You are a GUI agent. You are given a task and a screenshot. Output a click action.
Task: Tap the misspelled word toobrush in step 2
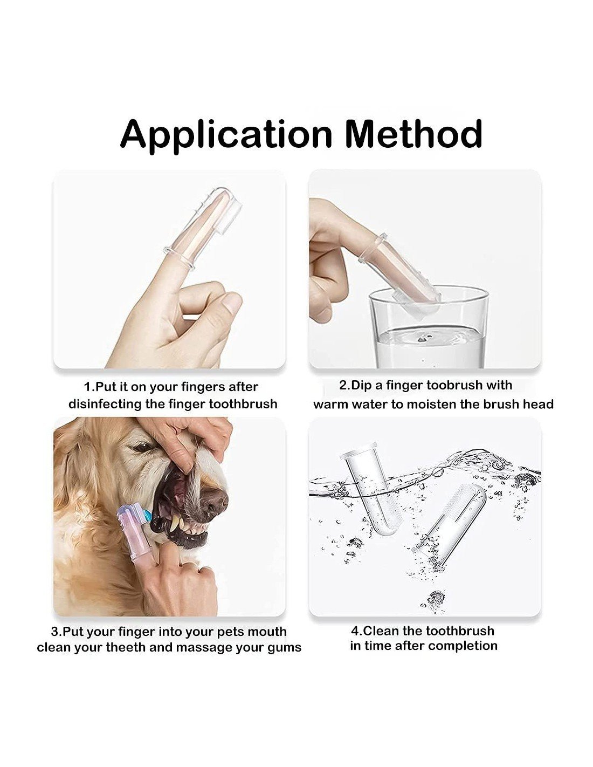coord(453,385)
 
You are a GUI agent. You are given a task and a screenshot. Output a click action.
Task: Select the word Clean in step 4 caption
coord(381,631)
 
